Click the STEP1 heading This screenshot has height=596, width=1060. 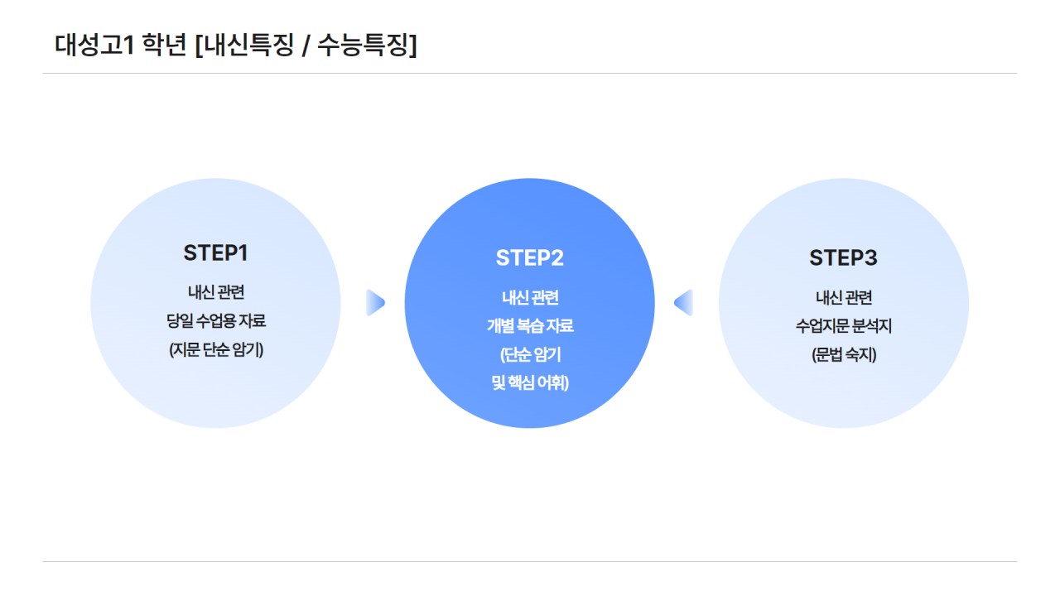(215, 252)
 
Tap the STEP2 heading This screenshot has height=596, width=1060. (529, 257)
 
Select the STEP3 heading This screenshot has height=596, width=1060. (843, 257)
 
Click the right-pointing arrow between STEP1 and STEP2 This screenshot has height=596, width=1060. (375, 303)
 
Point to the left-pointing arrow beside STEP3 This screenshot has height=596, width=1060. (683, 303)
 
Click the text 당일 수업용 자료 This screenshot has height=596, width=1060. (215, 320)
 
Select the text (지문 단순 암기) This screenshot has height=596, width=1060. (215, 349)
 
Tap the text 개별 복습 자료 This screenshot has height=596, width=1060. (529, 326)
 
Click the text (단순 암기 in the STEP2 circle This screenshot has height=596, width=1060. (529, 354)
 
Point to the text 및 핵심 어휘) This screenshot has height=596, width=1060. (529, 383)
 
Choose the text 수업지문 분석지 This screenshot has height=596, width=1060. (843, 326)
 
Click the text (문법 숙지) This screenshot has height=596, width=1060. (843, 354)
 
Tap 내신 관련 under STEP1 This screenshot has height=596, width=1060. (215, 291)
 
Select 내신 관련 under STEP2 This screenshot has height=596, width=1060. (529, 297)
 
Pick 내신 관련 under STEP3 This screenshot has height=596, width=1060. (843, 297)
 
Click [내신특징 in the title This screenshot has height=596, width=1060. (243, 45)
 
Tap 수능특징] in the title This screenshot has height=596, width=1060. (367, 45)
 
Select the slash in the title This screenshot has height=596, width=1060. (306, 46)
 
